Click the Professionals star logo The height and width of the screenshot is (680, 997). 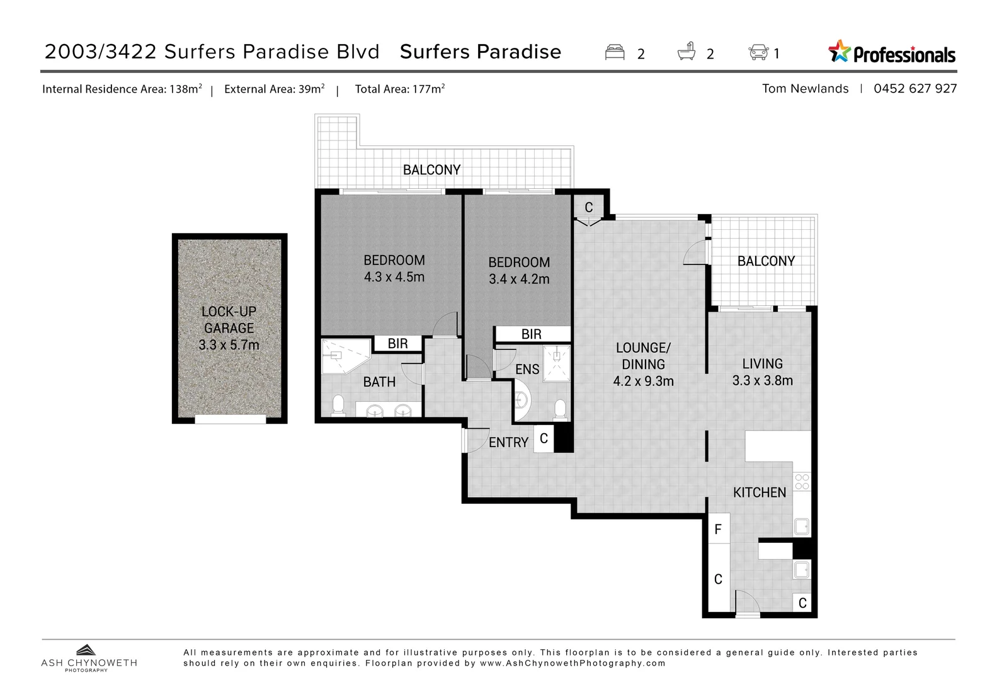tap(840, 52)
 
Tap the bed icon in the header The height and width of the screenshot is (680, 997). tap(615, 52)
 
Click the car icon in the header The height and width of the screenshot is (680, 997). tap(758, 52)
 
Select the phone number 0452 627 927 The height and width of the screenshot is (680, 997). tap(914, 89)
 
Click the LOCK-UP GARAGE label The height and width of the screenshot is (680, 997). tap(229, 320)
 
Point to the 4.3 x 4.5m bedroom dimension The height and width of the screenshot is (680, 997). tap(394, 277)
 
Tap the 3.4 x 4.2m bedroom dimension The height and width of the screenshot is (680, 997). tap(519, 279)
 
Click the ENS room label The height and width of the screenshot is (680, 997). tap(527, 370)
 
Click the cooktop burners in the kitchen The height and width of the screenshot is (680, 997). tap(802, 482)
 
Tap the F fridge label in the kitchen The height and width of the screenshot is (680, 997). tap(718, 530)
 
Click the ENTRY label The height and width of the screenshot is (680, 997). tap(508, 443)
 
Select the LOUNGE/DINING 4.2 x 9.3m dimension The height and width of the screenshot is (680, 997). tap(643, 382)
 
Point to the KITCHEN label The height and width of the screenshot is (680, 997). tap(760, 492)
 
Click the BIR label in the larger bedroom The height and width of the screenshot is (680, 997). tap(397, 344)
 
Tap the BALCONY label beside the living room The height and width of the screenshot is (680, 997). tap(766, 261)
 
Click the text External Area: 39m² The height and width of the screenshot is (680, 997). tap(274, 89)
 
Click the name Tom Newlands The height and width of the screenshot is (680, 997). tap(805, 89)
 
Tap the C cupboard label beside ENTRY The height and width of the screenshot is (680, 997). tap(544, 438)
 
